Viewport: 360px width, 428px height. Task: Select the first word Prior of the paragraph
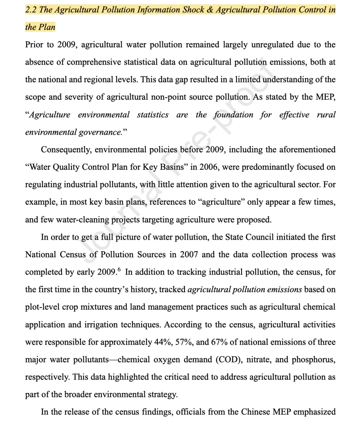coord(34,45)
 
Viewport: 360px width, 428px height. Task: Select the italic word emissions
coord(286,289)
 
